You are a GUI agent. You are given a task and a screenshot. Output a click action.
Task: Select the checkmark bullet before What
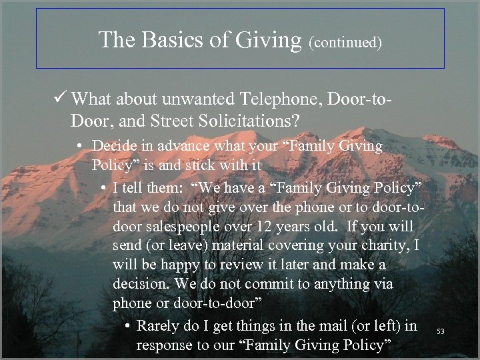pos(59,99)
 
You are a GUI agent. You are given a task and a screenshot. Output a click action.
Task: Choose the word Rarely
pos(159,326)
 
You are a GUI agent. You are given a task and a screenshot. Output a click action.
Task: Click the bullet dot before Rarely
pos(127,327)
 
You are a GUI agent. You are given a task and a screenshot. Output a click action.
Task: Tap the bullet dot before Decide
pos(81,146)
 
